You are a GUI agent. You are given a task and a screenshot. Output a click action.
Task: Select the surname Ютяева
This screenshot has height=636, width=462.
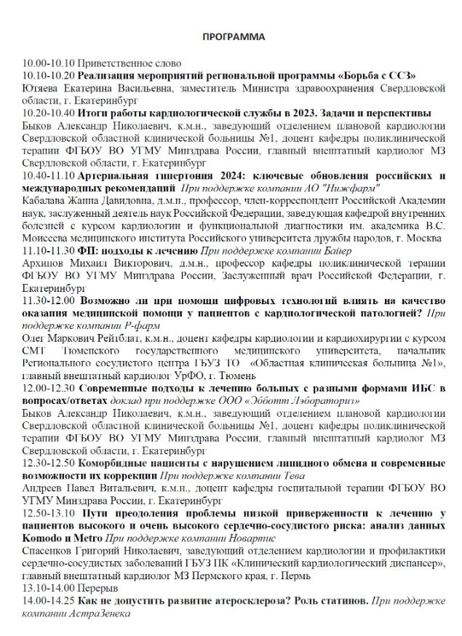(41, 88)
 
